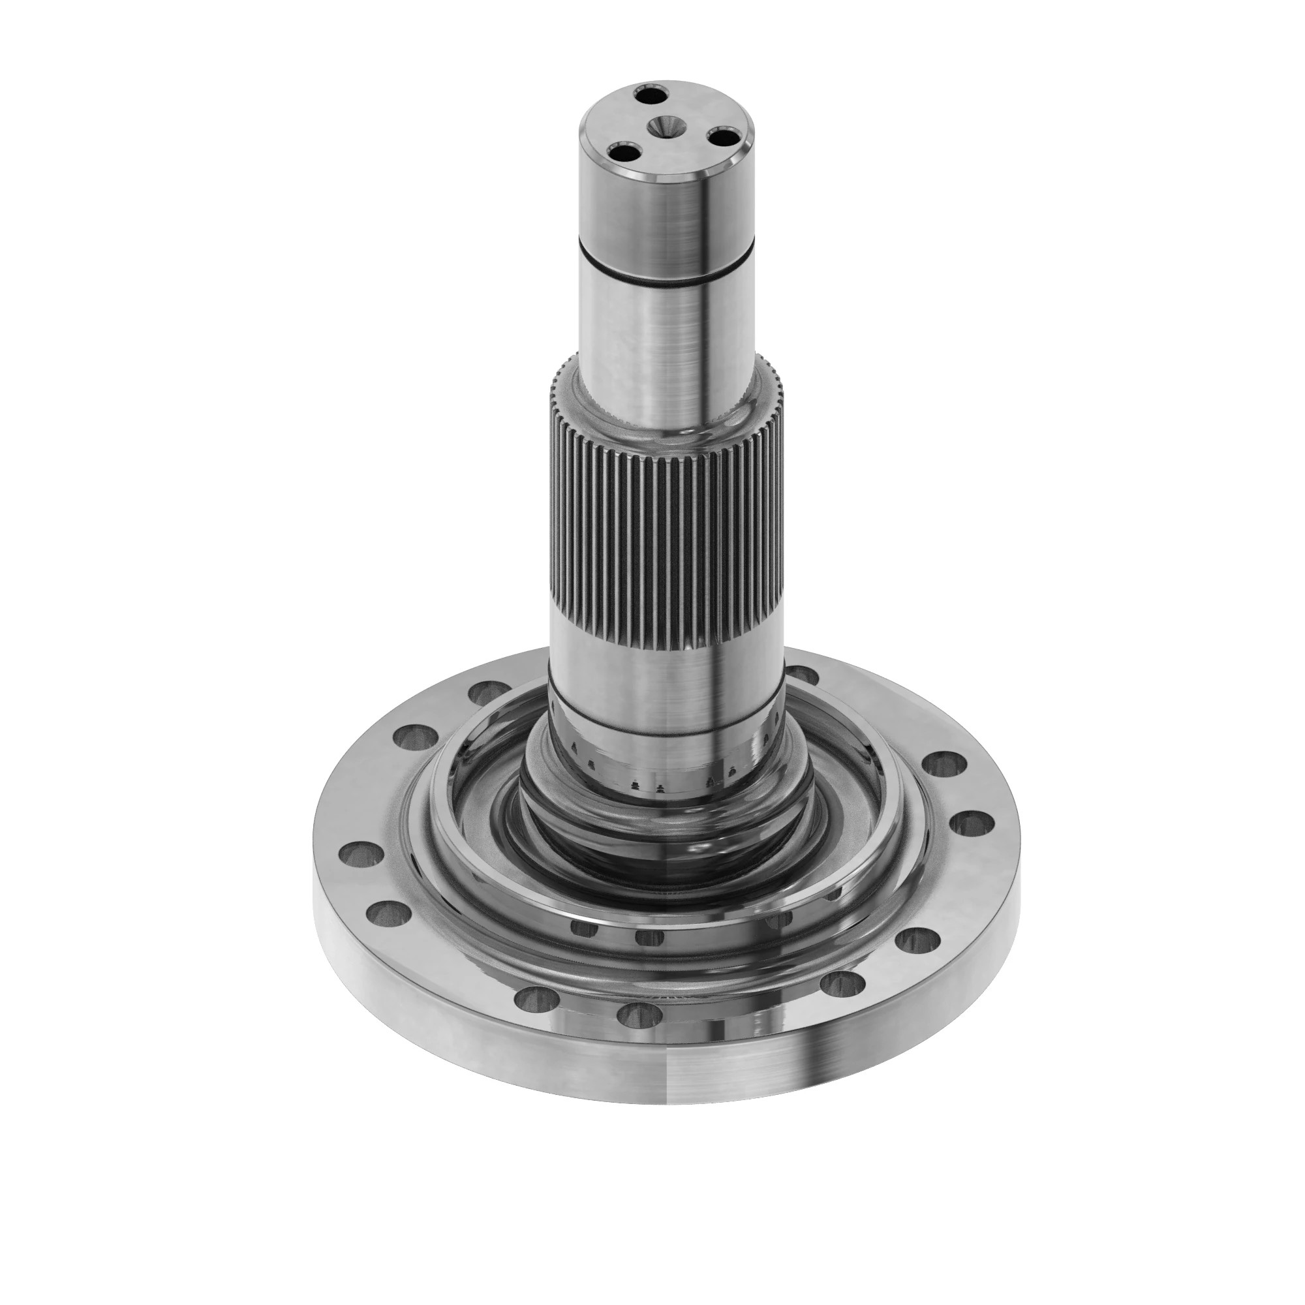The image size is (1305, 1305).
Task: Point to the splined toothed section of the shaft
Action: [666, 514]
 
